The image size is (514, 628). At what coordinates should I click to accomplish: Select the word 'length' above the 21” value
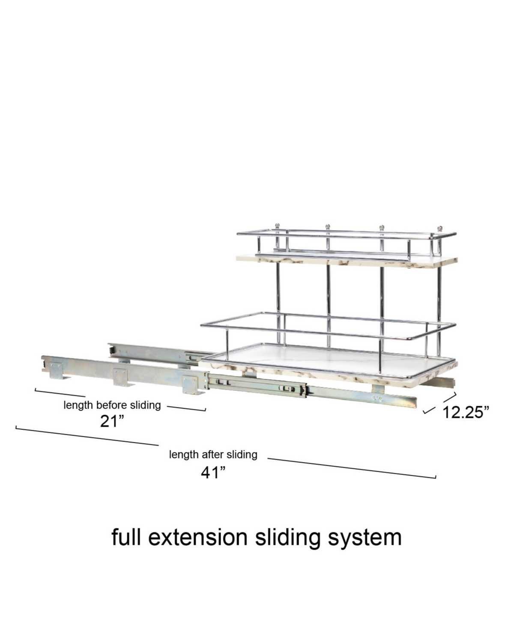(78, 405)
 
